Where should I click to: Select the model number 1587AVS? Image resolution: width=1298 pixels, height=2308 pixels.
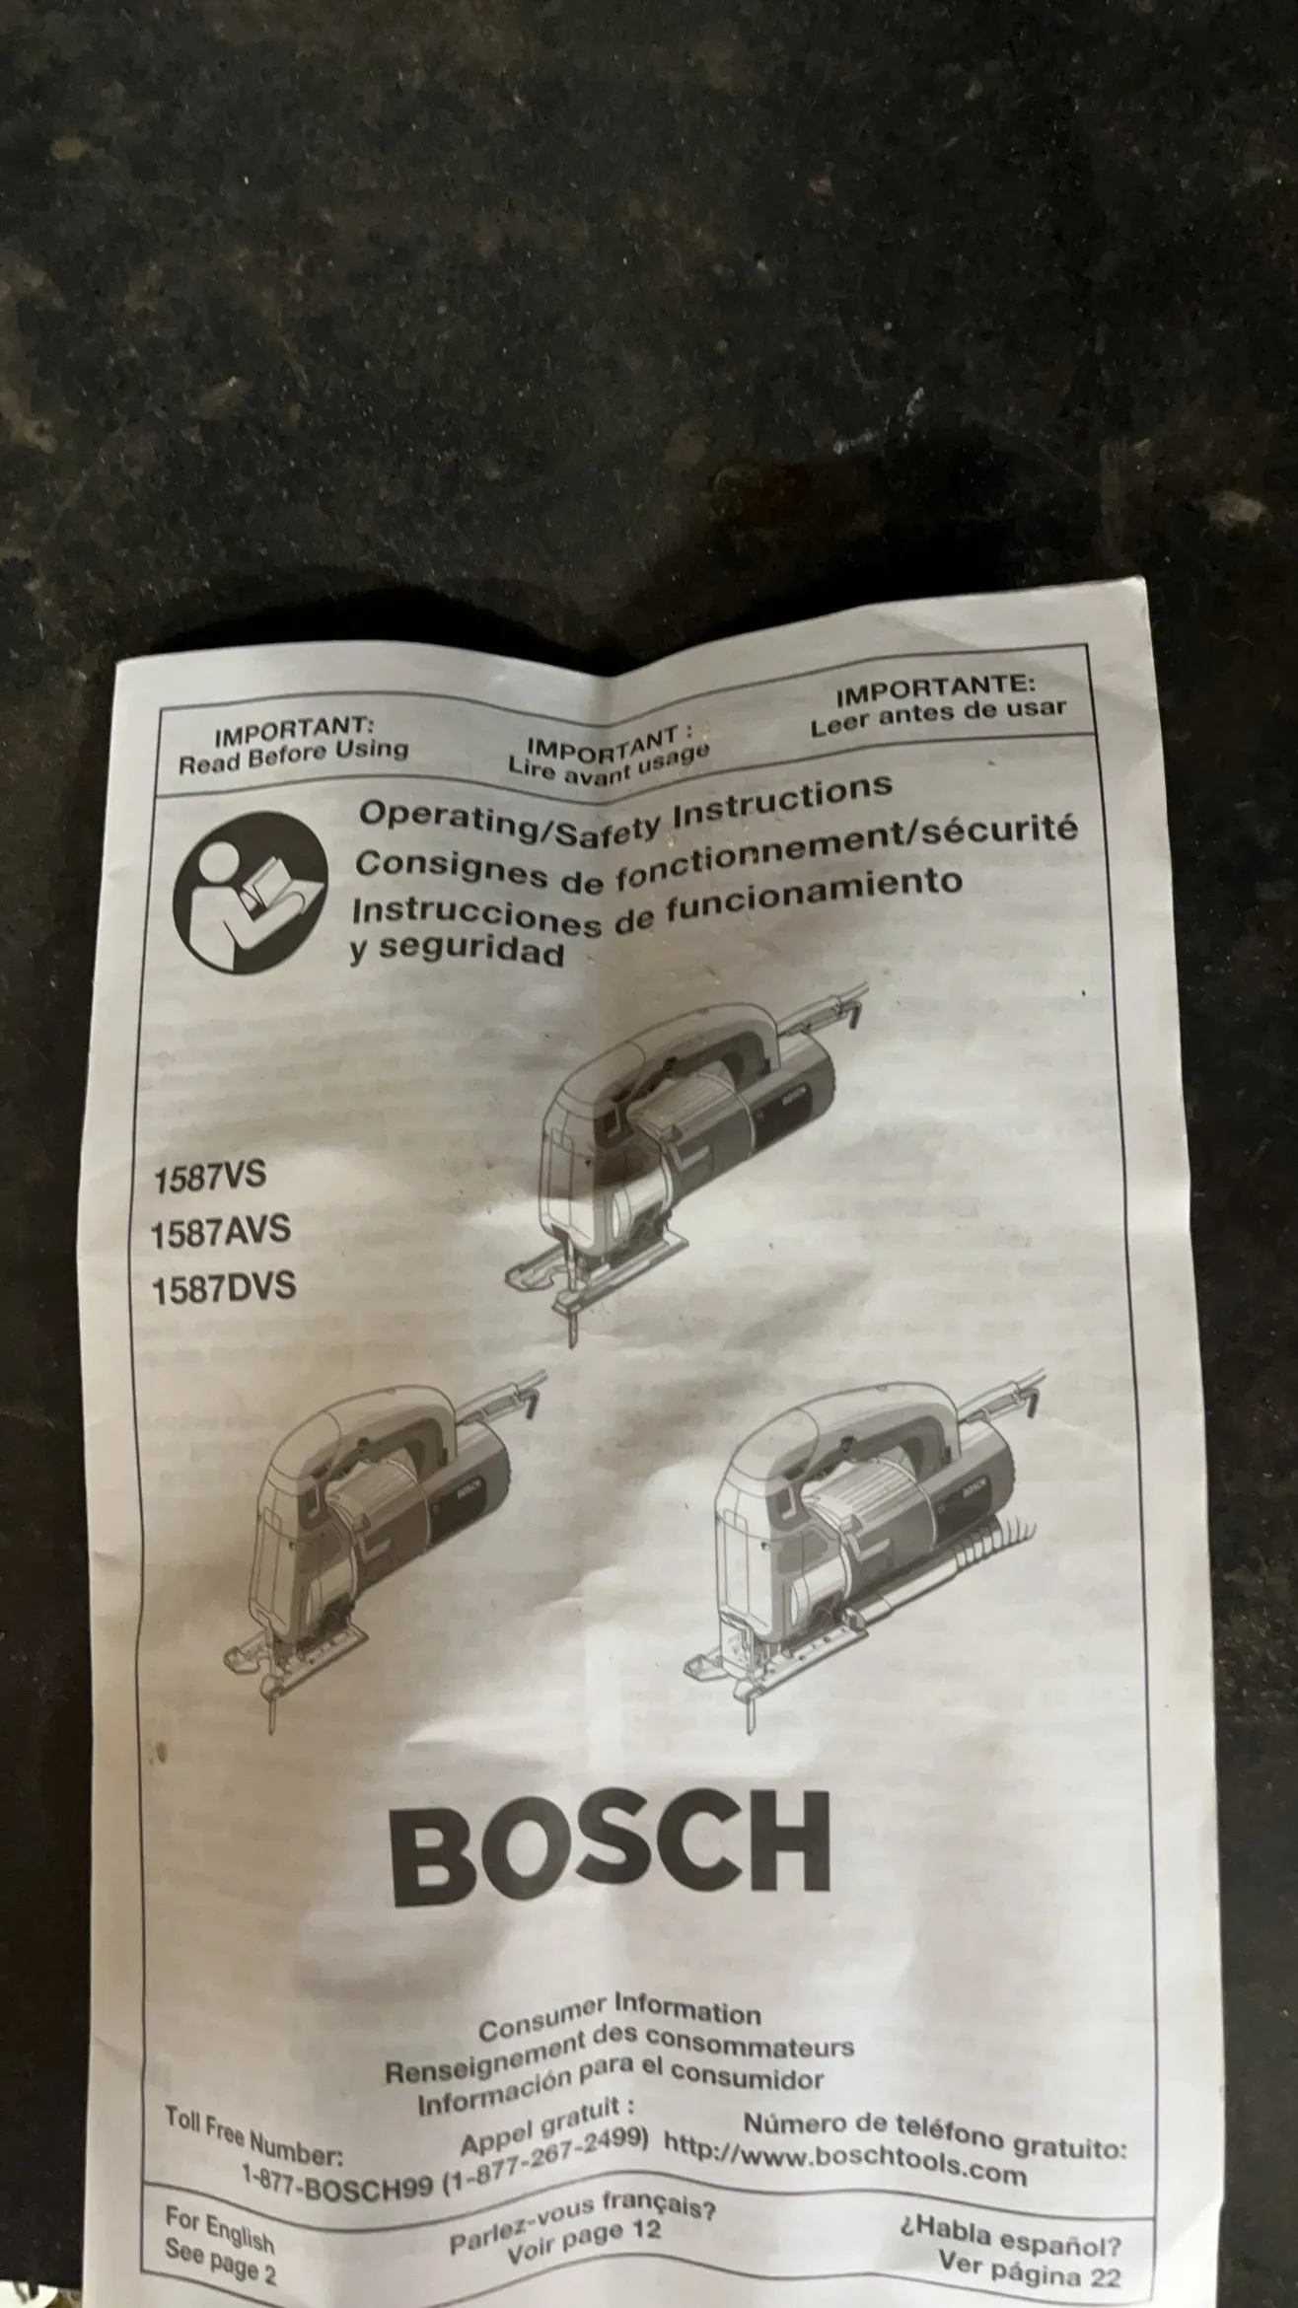(x=222, y=1232)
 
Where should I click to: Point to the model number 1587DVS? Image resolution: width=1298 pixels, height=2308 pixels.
(x=224, y=1288)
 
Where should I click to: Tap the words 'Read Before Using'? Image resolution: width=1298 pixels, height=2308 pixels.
(x=293, y=755)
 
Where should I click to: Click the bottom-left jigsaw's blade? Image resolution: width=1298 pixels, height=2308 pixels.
(x=268, y=1695)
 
